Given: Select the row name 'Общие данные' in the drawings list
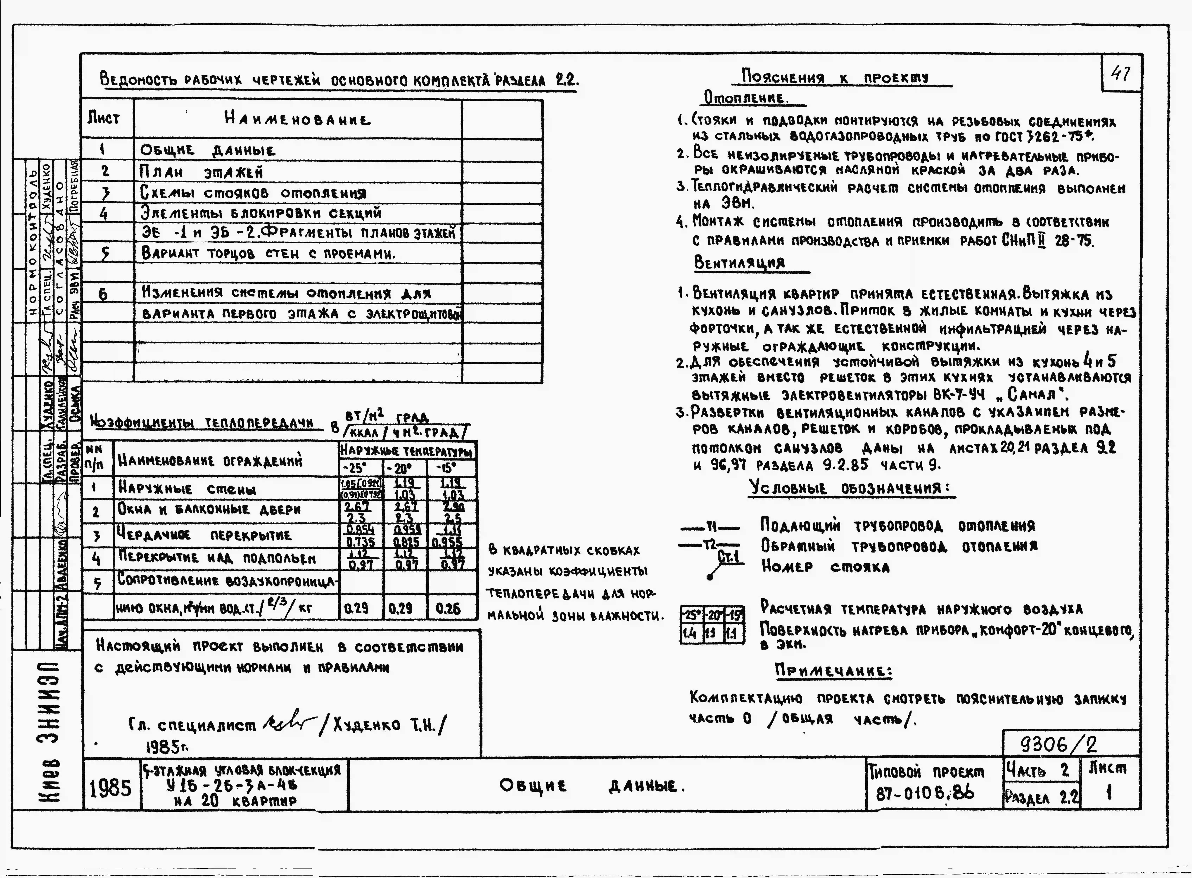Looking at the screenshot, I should coord(207,150).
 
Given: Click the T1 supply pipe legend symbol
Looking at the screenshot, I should coord(710,528).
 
